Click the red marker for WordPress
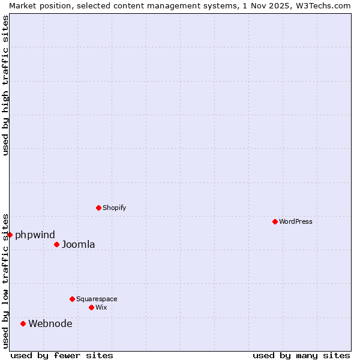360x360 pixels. click(275, 221)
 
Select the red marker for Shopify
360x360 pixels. click(98, 208)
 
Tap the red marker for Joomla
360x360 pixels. click(56, 244)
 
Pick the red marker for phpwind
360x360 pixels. click(10, 235)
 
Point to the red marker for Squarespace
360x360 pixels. click(72, 299)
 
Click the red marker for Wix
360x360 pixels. click(91, 307)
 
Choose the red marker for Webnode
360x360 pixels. click(23, 323)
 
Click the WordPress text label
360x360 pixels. click(296, 221)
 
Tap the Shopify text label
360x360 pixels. click(114, 208)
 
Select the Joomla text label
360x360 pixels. click(78, 244)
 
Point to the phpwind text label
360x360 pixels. click(35, 235)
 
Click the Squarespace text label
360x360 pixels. click(97, 299)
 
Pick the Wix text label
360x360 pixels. click(101, 307)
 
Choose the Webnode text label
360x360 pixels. click(50, 323)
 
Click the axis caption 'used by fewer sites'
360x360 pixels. click(62, 355)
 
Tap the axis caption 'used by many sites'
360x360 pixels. click(301, 355)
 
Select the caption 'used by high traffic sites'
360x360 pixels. click(5, 85)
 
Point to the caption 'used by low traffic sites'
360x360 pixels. click(5, 280)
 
